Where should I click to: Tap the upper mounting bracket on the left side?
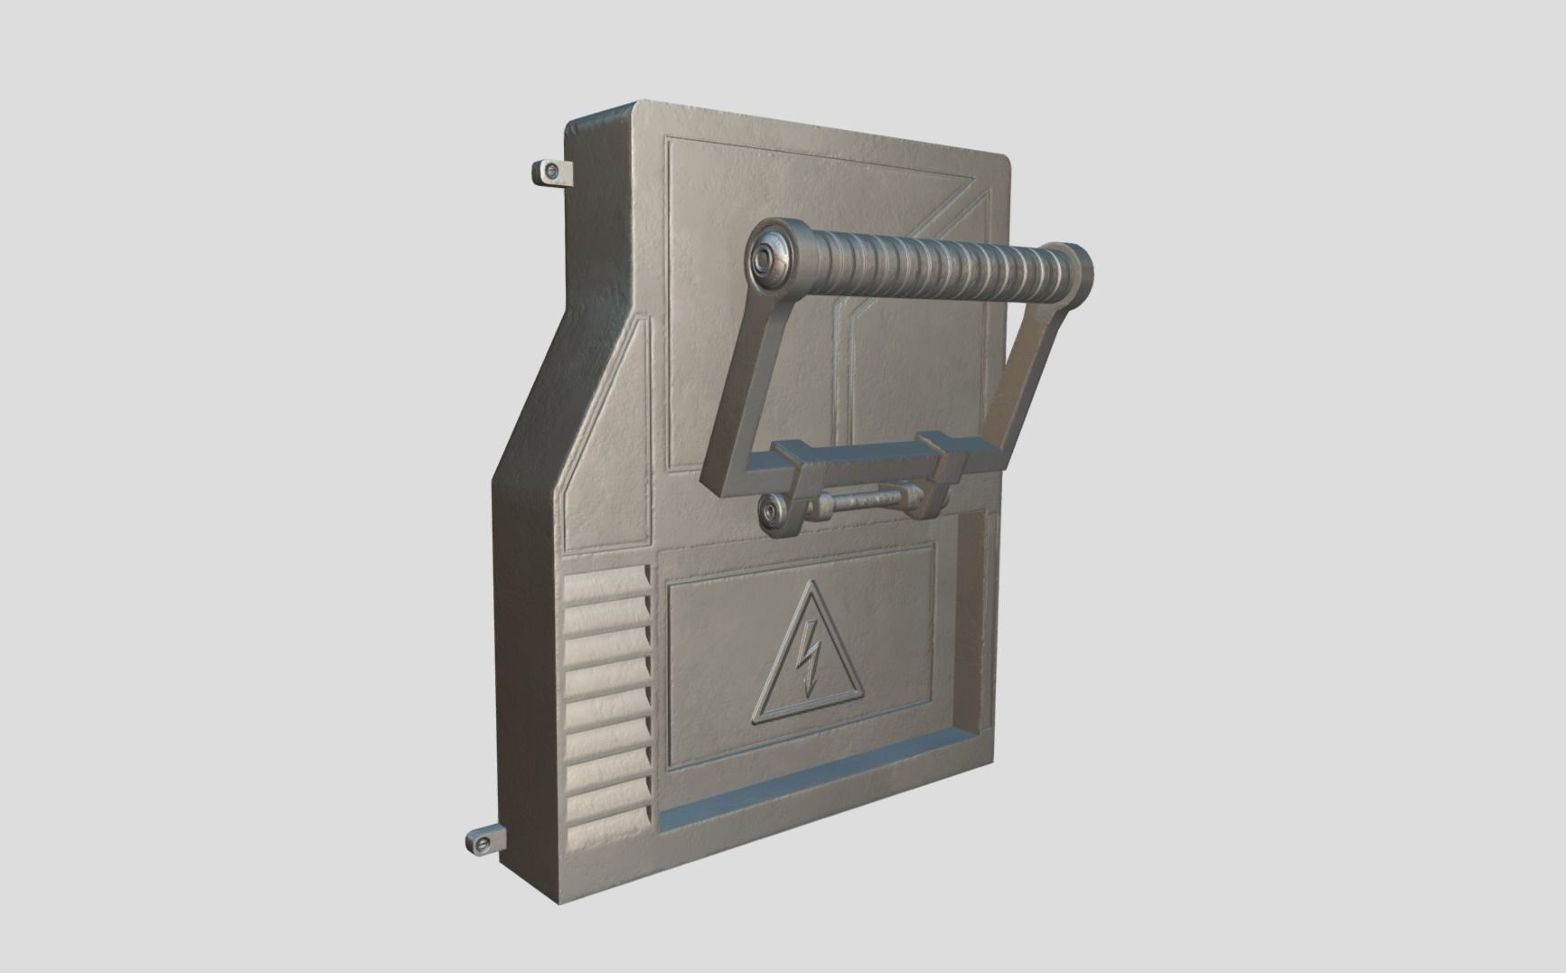tap(549, 172)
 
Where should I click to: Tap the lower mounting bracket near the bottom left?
tap(484, 843)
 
